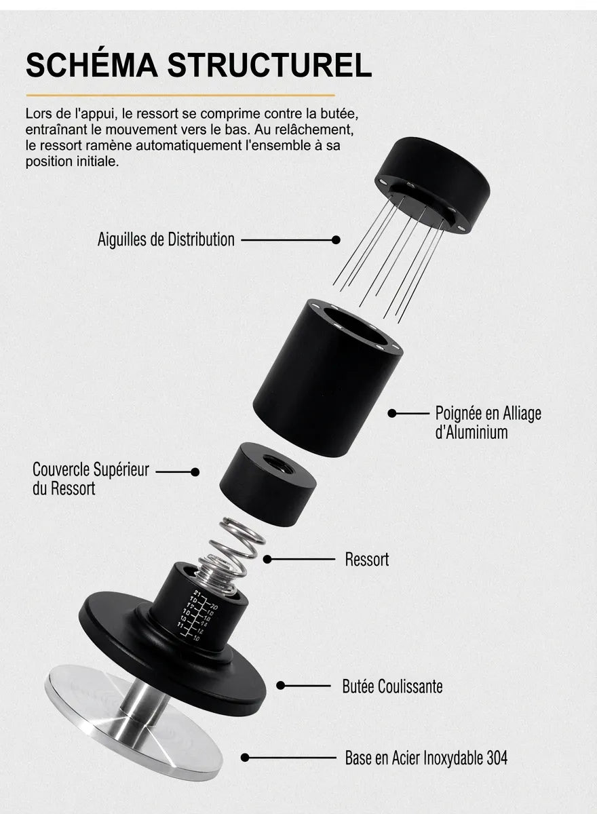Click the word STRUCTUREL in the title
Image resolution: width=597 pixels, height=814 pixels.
(x=269, y=65)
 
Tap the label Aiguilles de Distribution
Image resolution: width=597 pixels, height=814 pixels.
(x=166, y=240)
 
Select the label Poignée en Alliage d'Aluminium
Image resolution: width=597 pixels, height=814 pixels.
(x=488, y=423)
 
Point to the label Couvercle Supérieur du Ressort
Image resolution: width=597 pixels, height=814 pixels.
(x=91, y=479)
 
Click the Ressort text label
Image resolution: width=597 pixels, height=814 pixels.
(x=367, y=559)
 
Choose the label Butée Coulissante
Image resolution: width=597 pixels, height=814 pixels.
(x=392, y=686)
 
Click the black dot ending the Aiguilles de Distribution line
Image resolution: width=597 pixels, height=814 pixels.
(x=336, y=240)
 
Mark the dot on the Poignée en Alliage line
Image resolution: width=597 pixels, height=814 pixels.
(x=392, y=413)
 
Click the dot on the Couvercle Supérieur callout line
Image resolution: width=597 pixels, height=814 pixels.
(x=195, y=472)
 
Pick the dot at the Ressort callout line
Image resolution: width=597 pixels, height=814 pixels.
(x=267, y=559)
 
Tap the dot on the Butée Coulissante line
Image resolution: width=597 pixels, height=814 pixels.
(x=280, y=686)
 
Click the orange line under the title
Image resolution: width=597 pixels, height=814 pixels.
(x=180, y=95)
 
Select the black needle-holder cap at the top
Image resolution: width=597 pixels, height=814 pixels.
(x=433, y=184)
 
